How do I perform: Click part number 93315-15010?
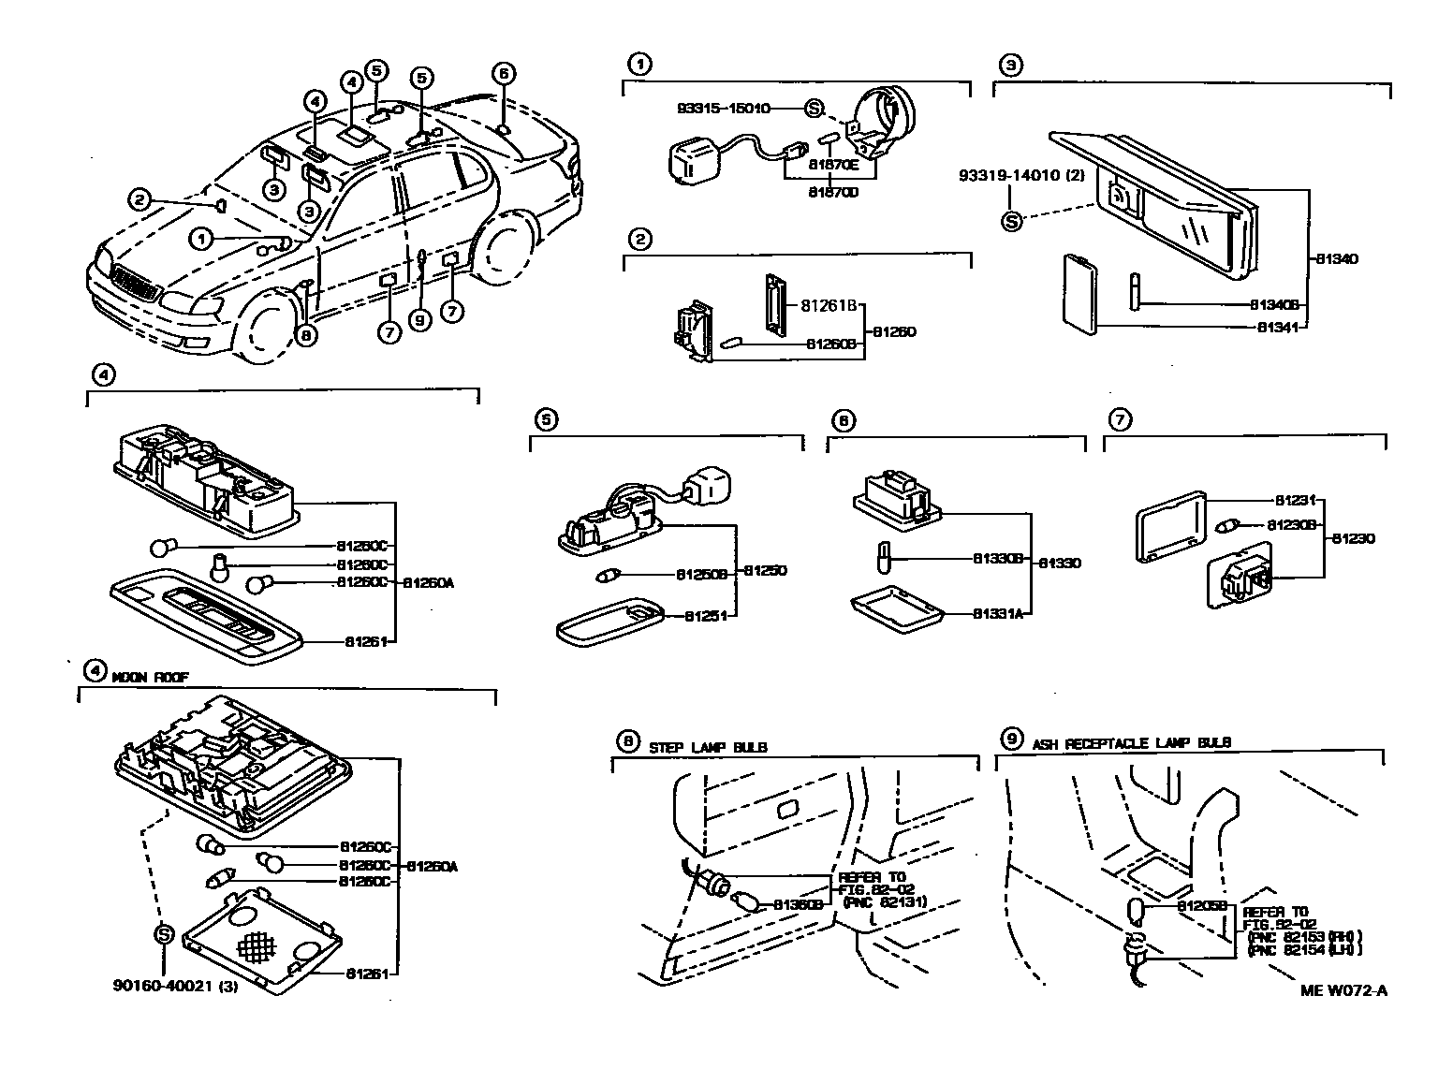[x=724, y=109]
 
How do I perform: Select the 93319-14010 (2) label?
[x=1021, y=175]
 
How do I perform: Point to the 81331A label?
[x=999, y=614]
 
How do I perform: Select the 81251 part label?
[x=709, y=616]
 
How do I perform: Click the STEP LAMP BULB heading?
[x=708, y=746]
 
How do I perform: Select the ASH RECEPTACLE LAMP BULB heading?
[x=1131, y=742]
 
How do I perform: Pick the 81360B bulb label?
[x=798, y=905]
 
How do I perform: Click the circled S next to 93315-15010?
[x=814, y=109]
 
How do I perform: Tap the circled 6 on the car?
[x=503, y=73]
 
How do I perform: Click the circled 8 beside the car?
[x=305, y=332]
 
